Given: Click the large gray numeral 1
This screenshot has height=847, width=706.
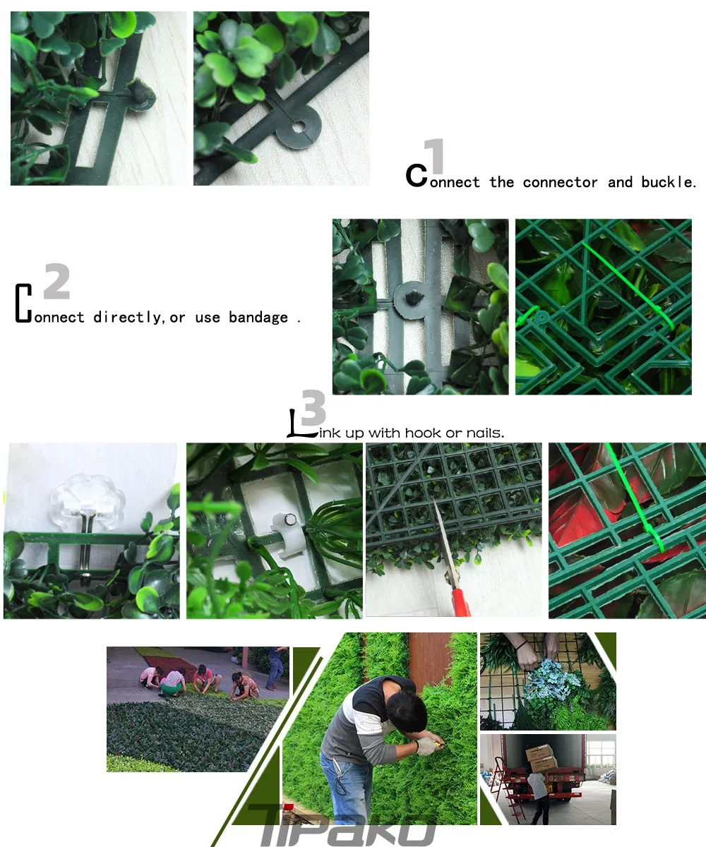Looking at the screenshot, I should (435, 157).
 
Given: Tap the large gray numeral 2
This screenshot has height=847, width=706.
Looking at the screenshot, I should (56, 282).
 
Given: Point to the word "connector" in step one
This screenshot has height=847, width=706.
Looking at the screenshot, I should (560, 182).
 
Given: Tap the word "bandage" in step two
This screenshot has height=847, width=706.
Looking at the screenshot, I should (258, 318).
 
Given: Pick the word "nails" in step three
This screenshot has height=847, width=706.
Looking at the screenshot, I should (485, 433).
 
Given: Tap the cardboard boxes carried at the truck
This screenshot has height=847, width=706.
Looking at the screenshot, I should (541, 757).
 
